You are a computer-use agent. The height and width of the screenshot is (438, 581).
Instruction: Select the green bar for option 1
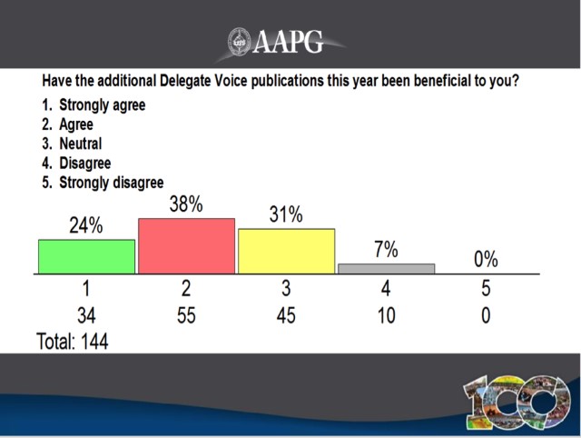tap(86, 256)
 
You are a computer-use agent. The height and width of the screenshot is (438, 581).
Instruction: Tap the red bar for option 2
tap(186, 245)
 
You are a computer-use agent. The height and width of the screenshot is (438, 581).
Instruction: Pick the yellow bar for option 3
tap(286, 251)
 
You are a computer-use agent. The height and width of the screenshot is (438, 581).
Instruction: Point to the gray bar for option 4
tap(386, 268)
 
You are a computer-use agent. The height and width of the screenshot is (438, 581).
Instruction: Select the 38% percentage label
tap(186, 205)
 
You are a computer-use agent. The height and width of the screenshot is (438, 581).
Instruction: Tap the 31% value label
tap(286, 216)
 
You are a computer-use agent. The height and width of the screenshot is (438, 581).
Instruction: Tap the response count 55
tap(186, 316)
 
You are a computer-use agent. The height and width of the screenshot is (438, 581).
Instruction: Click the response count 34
tap(86, 316)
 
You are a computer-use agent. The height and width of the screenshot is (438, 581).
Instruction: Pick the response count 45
tap(286, 316)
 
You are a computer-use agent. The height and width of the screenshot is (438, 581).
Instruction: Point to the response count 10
tap(386, 316)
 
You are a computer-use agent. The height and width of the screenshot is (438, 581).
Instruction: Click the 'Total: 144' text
tap(72, 343)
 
